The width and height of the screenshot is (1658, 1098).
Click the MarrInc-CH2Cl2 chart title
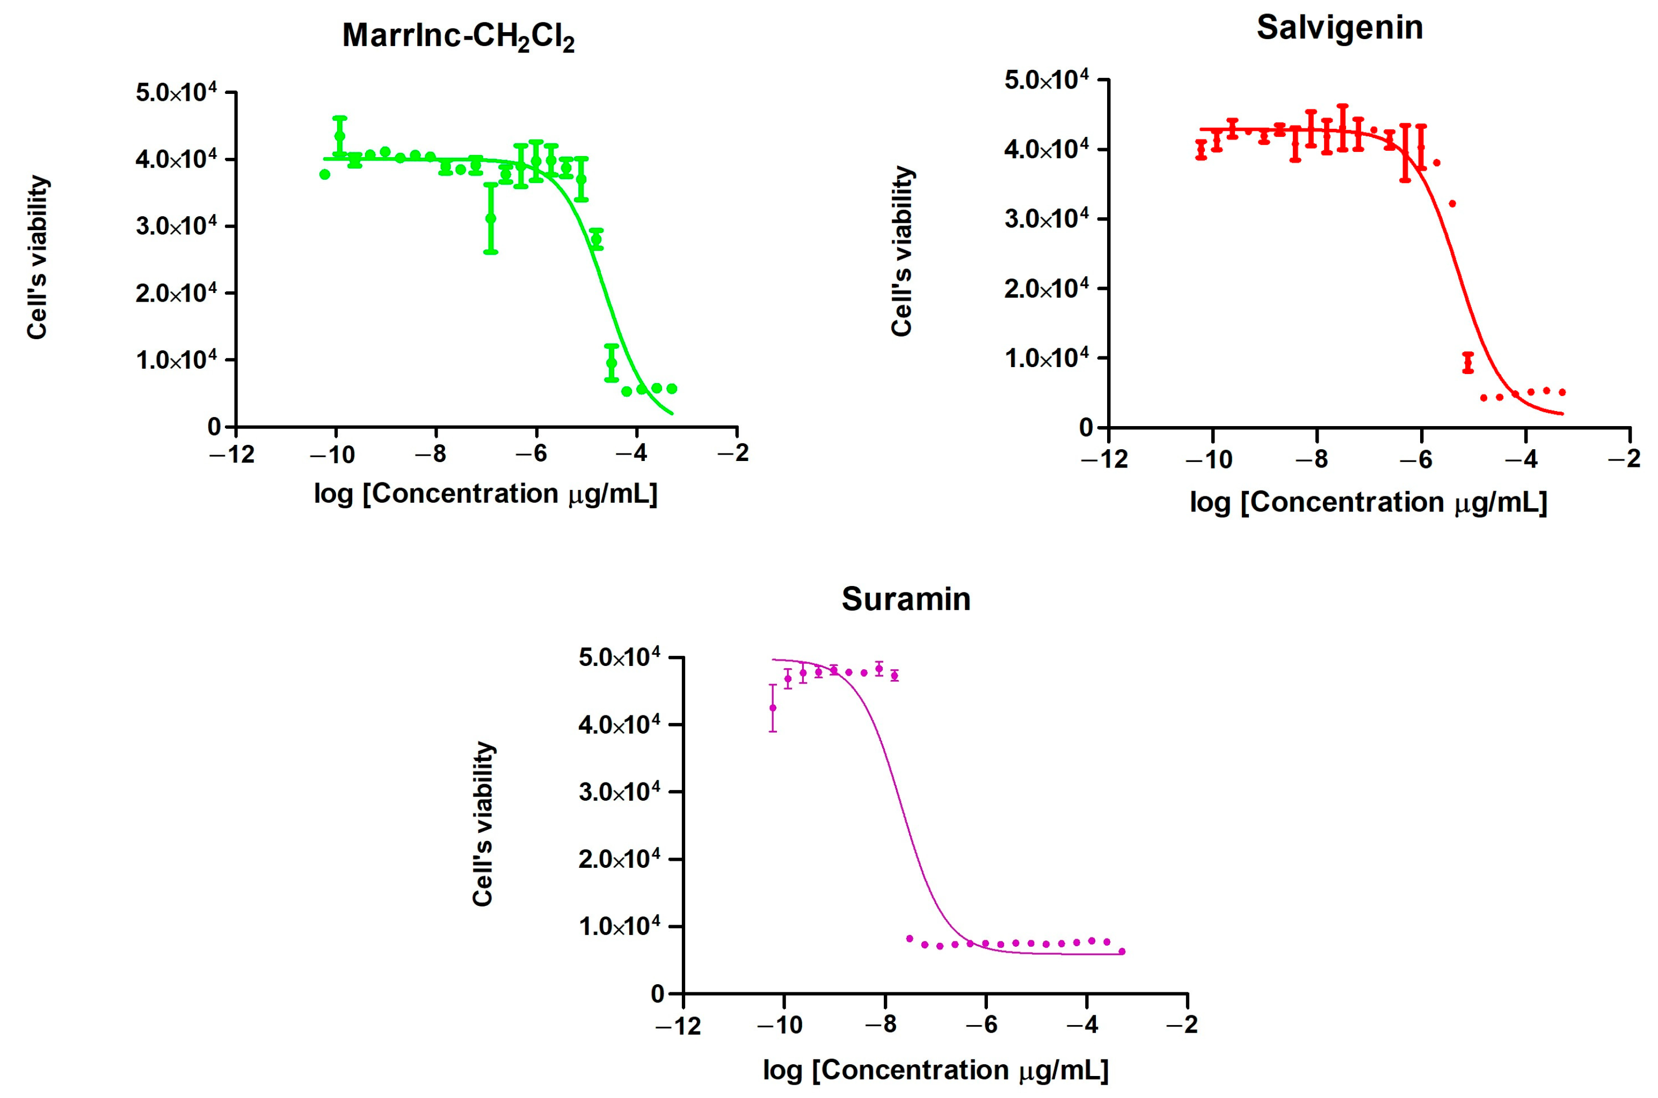[x=458, y=36]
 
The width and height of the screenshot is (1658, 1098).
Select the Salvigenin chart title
[x=1339, y=28]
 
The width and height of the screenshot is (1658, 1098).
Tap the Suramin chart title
[x=906, y=599]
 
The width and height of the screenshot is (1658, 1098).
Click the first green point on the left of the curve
[x=324, y=174]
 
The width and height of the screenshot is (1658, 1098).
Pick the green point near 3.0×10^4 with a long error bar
[x=490, y=218]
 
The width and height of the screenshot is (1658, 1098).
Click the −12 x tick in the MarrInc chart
[x=232, y=455]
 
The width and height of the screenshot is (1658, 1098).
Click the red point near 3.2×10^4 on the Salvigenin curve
[x=1452, y=204]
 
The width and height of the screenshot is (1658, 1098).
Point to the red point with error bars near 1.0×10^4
[x=1468, y=362]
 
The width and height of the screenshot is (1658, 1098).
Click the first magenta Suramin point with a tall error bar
[x=773, y=708]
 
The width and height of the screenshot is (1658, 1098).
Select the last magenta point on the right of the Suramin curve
[x=1122, y=951]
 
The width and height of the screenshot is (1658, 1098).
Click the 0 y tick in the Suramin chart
[x=657, y=994]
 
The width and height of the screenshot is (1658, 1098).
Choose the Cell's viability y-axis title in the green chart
[x=37, y=257]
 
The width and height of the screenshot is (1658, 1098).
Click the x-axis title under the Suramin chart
[x=935, y=1070]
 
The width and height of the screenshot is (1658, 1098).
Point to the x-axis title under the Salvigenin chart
[x=1368, y=503]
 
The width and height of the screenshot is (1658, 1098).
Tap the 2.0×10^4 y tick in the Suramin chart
[x=619, y=859]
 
